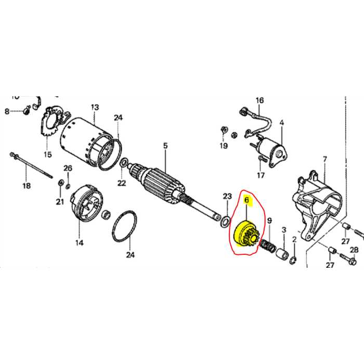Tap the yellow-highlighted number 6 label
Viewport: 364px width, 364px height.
click(247, 199)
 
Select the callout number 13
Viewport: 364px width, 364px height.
click(94, 108)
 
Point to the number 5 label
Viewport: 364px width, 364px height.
click(165, 146)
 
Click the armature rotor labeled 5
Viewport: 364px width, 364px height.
click(161, 183)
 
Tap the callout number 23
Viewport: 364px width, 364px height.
click(227, 196)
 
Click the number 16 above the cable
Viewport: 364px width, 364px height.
click(259, 100)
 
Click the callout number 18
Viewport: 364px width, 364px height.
click(25, 186)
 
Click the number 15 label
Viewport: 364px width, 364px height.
click(48, 154)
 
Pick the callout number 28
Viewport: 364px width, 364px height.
click(354, 250)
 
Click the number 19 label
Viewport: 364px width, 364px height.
click(223, 146)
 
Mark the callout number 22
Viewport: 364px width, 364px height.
click(121, 183)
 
